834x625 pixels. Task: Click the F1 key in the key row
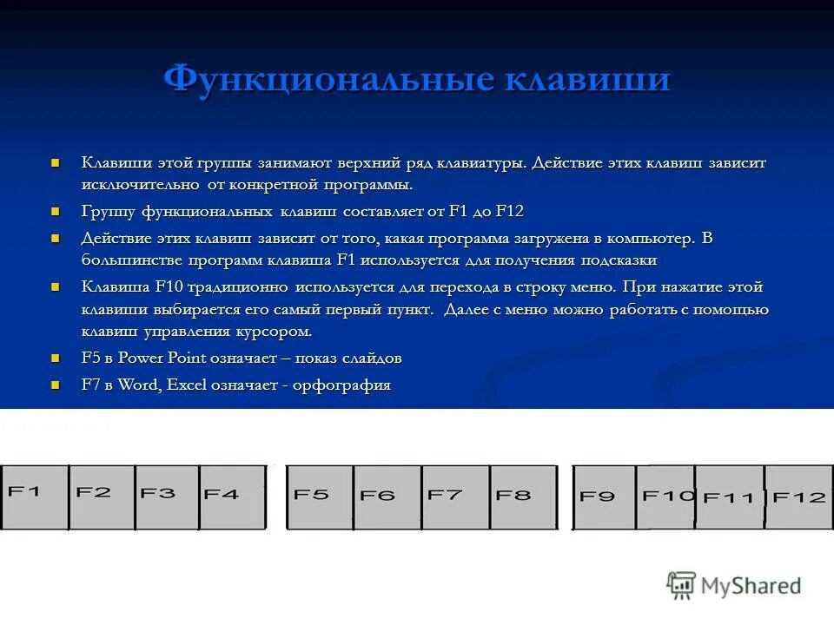35,497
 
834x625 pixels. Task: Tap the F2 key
102,497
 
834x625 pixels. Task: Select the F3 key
167,497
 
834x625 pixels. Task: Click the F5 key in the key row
320,497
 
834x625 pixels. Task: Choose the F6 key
387,497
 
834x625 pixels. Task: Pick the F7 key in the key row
455,497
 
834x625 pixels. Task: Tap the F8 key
523,497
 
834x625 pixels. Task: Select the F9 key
605,497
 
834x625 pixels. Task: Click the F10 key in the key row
666,497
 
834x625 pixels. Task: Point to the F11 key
730,497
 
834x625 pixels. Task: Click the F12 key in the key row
798,497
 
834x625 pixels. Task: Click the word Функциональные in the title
328,80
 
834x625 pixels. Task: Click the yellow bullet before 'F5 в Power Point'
56,358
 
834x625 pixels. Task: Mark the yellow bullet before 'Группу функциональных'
56,211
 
